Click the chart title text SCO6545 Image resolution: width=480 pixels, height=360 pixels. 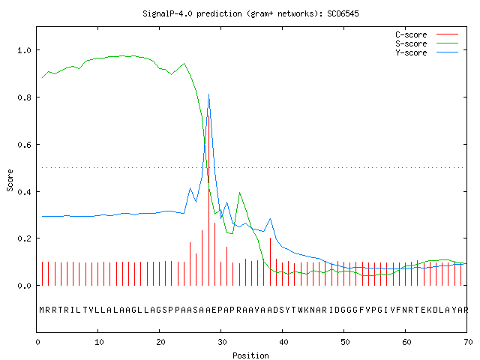(x=343, y=13)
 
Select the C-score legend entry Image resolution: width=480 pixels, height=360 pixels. (x=427, y=34)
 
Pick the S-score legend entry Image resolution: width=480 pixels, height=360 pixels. (x=427, y=43)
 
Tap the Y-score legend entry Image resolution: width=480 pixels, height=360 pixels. (x=427, y=52)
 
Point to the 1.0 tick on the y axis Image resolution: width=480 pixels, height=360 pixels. (x=24, y=50)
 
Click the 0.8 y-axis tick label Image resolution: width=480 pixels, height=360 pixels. (x=24, y=97)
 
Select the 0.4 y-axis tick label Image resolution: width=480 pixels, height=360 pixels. (x=24, y=192)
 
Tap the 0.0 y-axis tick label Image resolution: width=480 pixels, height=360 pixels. (x=24, y=286)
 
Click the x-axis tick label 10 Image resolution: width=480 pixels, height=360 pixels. (x=99, y=342)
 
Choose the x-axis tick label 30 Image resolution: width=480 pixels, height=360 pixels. (x=222, y=342)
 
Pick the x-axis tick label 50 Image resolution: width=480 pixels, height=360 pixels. (x=345, y=342)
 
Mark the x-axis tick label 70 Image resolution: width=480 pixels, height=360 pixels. (x=468, y=342)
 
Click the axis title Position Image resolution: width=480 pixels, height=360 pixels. (x=250, y=355)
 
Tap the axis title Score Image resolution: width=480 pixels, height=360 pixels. (x=10, y=180)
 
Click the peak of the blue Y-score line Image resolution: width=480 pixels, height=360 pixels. (x=208, y=94)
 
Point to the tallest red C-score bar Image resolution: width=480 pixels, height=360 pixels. (x=208, y=200)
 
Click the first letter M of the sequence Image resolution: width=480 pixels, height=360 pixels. (x=42, y=310)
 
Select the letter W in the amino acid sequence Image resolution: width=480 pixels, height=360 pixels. (x=300, y=310)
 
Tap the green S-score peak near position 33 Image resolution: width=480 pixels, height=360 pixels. (x=239, y=193)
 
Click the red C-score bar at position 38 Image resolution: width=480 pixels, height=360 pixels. (x=270, y=262)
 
